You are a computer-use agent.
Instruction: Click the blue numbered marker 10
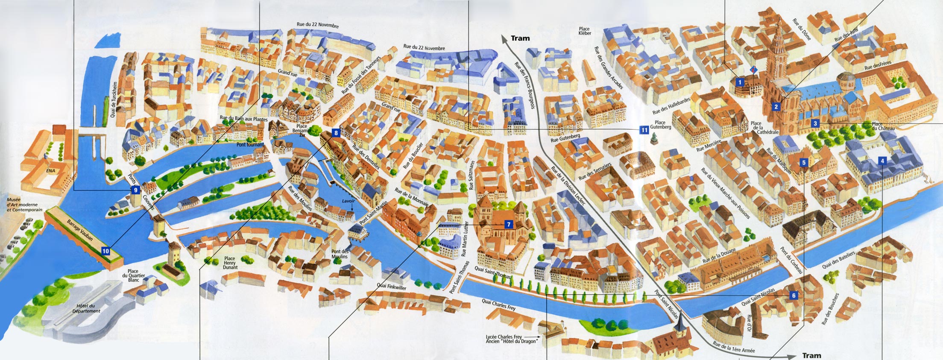(105, 251)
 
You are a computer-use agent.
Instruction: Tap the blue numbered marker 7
(508, 224)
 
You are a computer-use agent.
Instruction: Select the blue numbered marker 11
(644, 130)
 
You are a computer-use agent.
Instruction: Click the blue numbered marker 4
(882, 161)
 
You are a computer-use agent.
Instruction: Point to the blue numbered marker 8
(336, 133)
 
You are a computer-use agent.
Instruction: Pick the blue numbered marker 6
(794, 296)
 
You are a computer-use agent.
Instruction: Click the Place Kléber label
(585, 31)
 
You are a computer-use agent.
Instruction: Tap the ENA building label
(51, 170)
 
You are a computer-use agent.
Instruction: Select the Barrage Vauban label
(80, 230)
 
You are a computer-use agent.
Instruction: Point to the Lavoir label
(348, 201)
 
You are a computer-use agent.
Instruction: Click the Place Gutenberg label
(660, 124)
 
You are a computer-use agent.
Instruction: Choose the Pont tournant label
(250, 145)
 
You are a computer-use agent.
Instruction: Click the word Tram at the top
(520, 38)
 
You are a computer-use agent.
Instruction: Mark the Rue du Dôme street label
(801, 29)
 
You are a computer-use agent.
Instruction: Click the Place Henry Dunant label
(230, 263)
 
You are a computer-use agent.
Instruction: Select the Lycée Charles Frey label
(504, 337)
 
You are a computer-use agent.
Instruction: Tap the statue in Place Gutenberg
(653, 138)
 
